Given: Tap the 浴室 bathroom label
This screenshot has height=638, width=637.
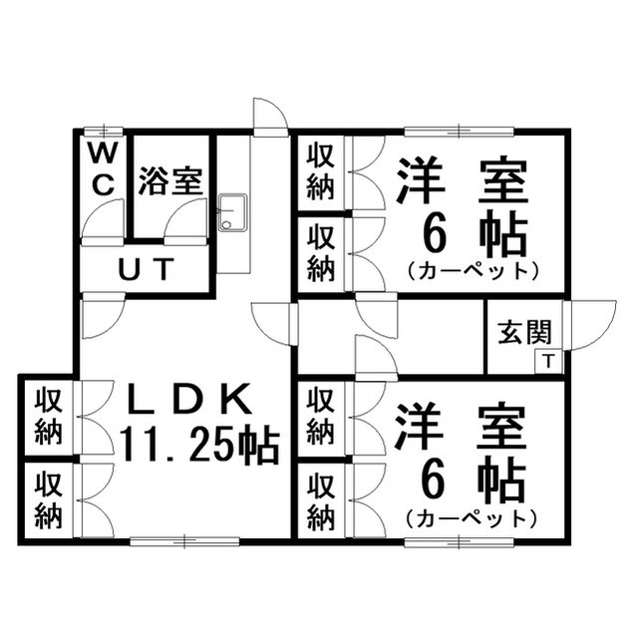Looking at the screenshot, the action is pyautogui.click(x=170, y=181).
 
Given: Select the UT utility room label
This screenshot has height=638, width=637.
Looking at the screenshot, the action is pyautogui.click(x=146, y=269).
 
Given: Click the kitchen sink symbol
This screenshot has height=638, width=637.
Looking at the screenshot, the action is pyautogui.click(x=232, y=212).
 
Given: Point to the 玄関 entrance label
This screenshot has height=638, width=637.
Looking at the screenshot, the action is pyautogui.click(x=524, y=332).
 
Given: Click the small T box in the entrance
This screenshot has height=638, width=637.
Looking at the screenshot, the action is pyautogui.click(x=548, y=361).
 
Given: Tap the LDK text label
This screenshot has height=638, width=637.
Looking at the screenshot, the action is pyautogui.click(x=188, y=400).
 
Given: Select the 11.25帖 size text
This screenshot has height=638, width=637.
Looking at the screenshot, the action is pyautogui.click(x=199, y=446).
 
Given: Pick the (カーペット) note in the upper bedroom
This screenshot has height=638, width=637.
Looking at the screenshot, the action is pyautogui.click(x=473, y=271).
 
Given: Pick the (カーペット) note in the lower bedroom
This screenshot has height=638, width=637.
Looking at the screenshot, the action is pyautogui.click(x=472, y=518).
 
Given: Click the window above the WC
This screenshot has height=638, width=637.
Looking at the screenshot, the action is pyautogui.click(x=104, y=131).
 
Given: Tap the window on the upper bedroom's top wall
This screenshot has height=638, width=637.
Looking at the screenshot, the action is pyautogui.click(x=460, y=132).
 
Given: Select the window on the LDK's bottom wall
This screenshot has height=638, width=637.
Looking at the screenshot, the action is pyautogui.click(x=184, y=540).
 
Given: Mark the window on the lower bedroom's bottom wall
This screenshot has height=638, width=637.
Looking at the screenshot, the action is pyautogui.click(x=460, y=540).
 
